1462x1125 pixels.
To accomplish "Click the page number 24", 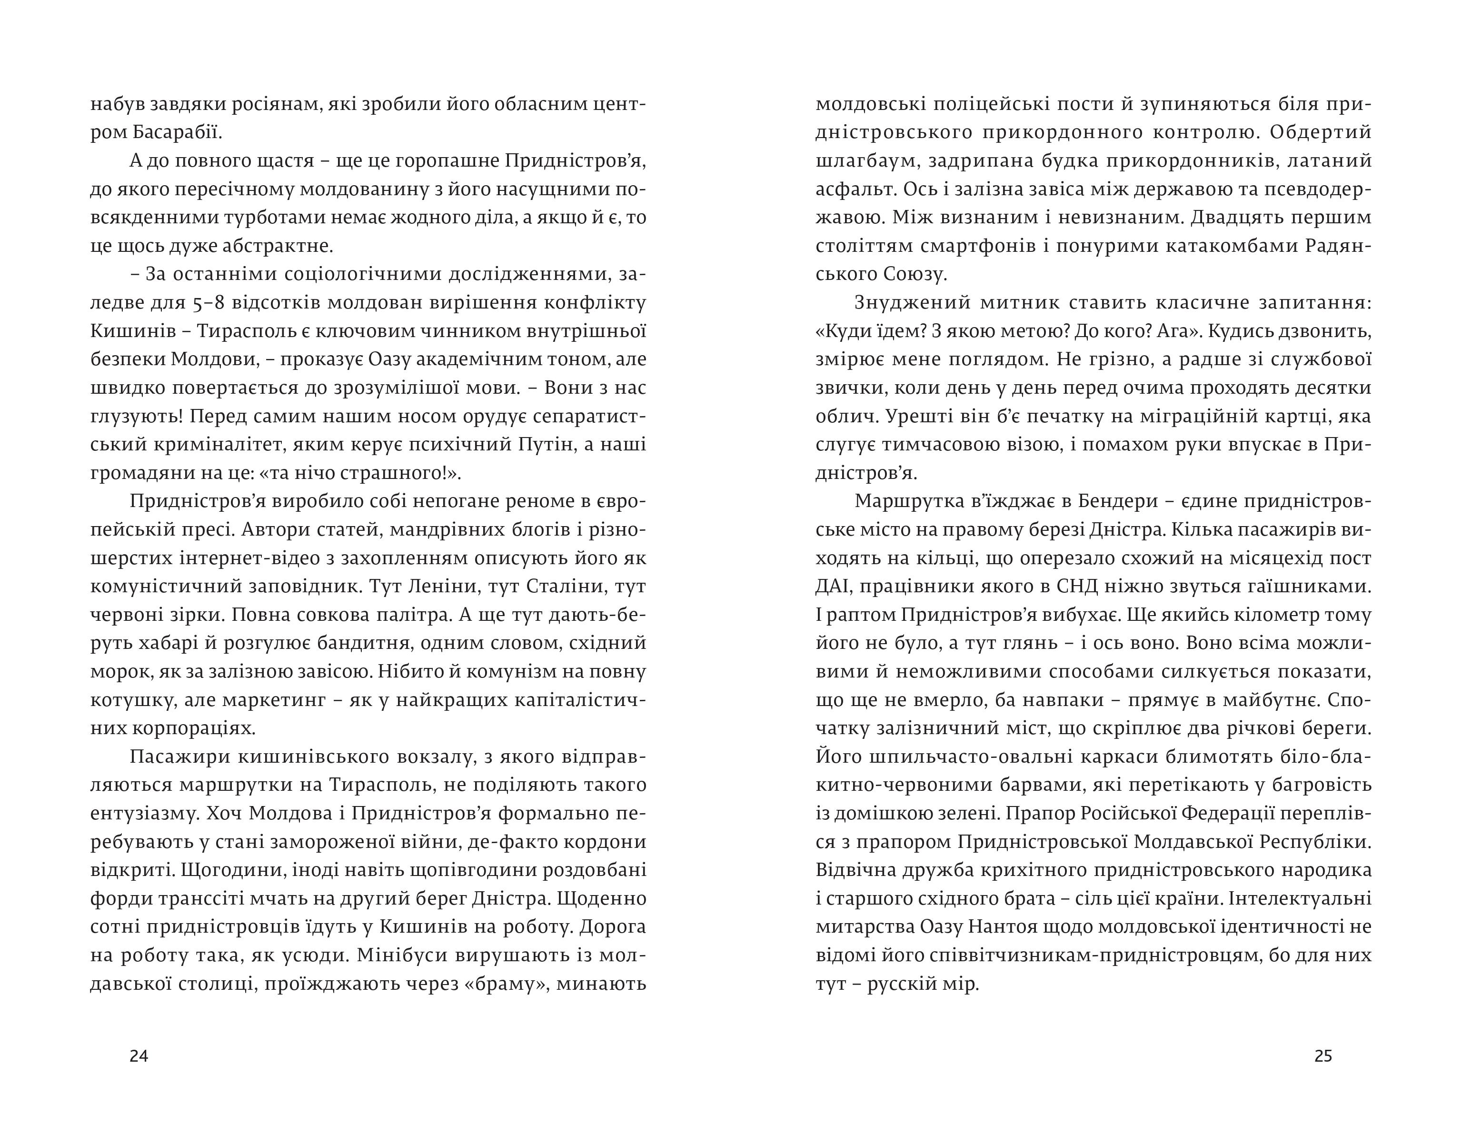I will [139, 1056].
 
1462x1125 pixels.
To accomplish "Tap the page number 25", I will [1323, 1056].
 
